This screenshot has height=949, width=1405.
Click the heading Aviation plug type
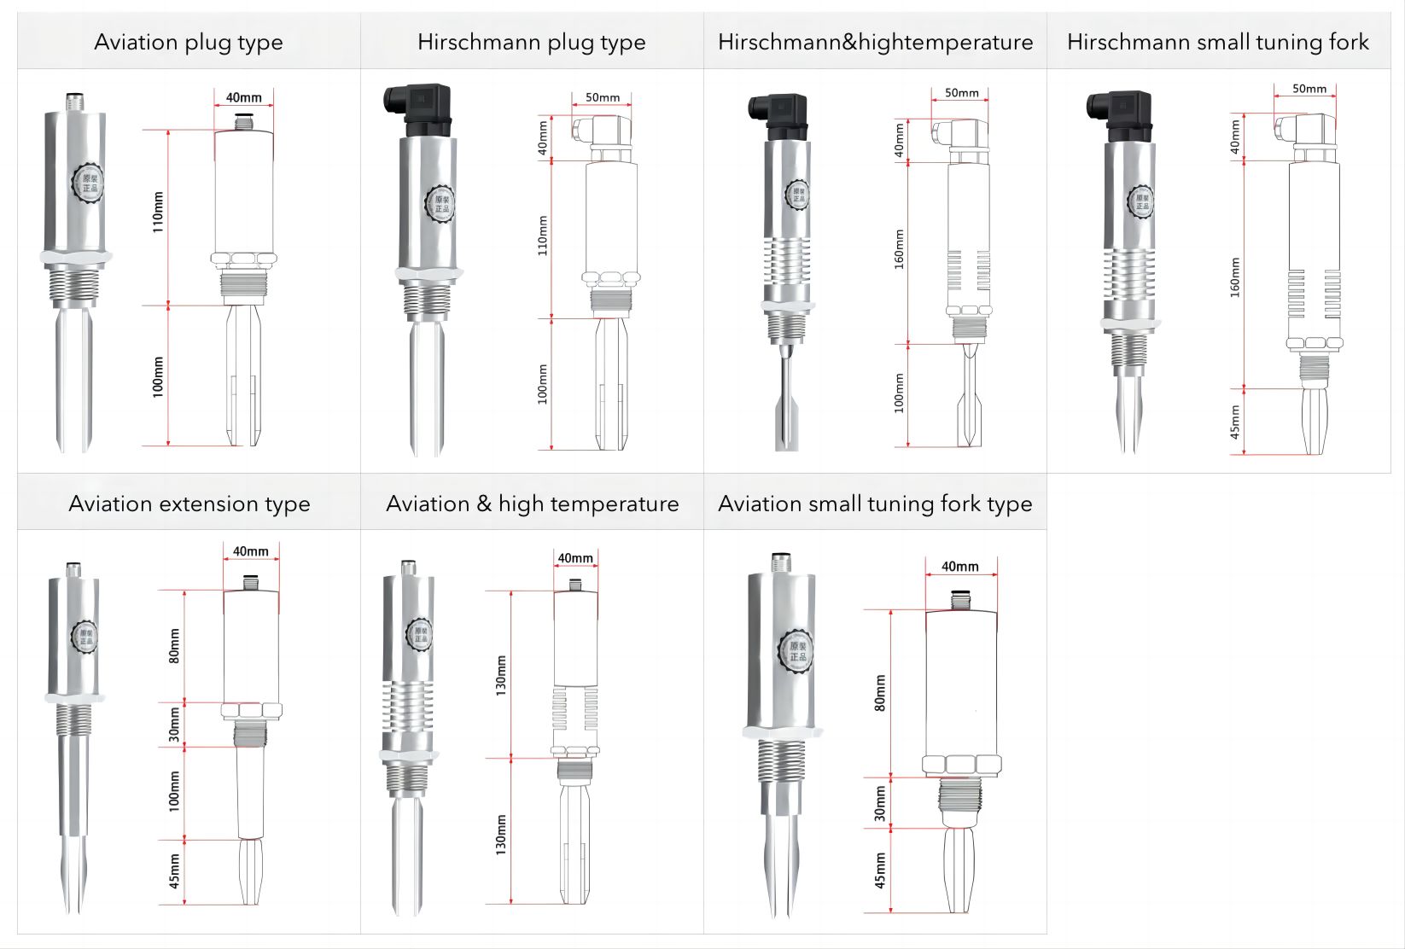(x=188, y=42)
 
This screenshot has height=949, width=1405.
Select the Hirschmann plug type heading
(x=531, y=42)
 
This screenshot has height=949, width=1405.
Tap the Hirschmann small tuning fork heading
(x=1217, y=42)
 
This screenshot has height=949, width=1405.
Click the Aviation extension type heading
(x=189, y=504)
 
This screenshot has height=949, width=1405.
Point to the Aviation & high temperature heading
(x=532, y=504)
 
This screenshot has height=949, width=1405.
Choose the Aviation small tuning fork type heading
(x=875, y=504)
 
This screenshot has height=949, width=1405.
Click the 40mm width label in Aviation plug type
(x=243, y=97)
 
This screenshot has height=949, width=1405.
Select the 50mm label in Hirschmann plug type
(x=603, y=97)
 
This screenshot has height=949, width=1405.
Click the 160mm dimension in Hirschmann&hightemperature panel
(x=899, y=249)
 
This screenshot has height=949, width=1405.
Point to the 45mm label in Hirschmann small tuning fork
(x=1235, y=422)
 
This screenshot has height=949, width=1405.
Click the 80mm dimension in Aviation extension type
(x=174, y=646)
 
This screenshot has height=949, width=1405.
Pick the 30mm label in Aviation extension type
(x=174, y=725)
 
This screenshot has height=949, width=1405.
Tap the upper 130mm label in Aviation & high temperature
(x=501, y=675)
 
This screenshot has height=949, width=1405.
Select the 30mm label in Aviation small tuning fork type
(x=880, y=804)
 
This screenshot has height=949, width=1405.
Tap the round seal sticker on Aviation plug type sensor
(x=89, y=183)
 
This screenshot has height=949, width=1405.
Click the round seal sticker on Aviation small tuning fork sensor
(x=796, y=651)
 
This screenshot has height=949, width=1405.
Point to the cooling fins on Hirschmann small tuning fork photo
(x=1129, y=274)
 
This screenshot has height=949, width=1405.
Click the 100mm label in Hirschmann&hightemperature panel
(x=899, y=393)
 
